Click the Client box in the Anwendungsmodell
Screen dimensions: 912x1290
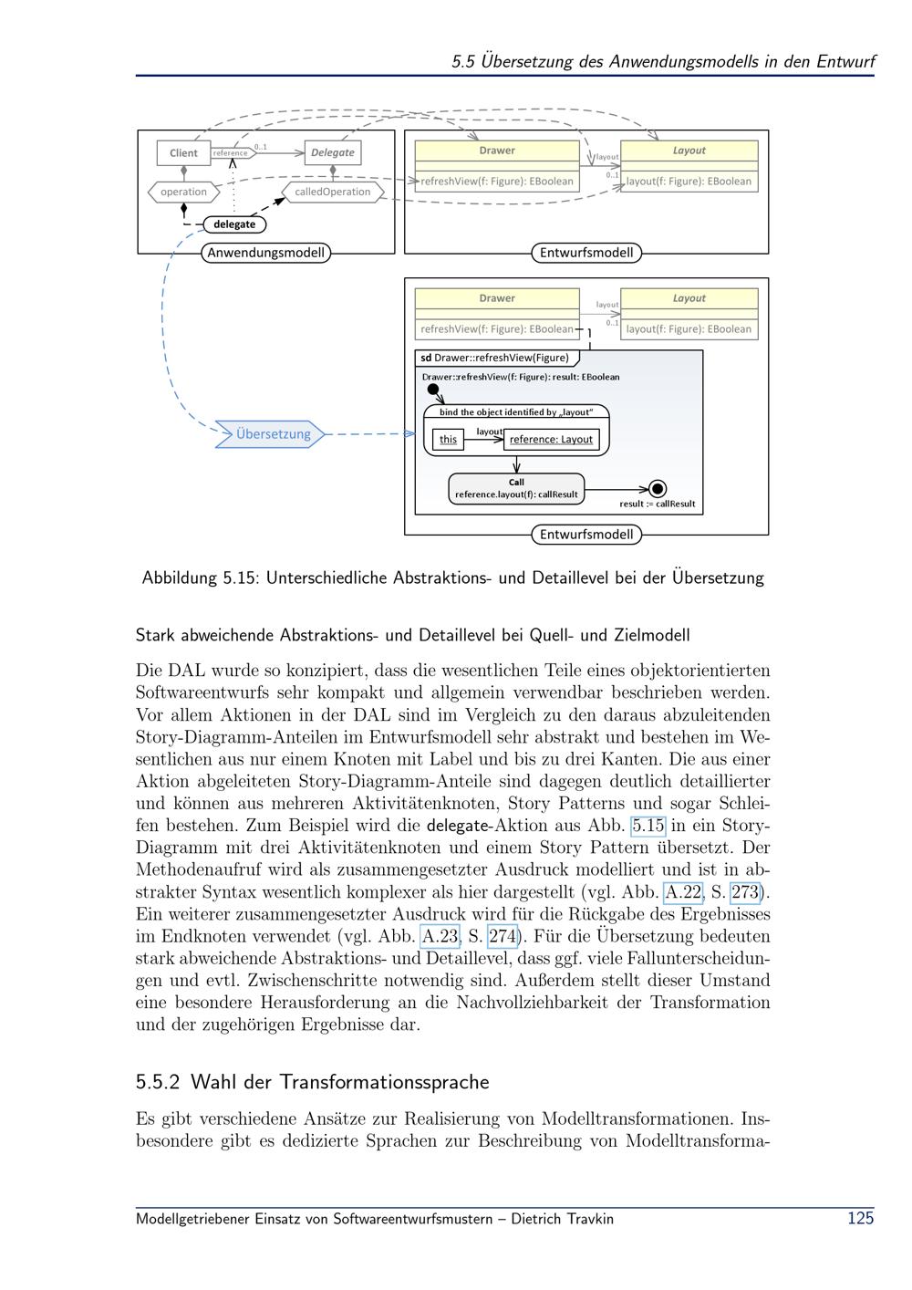[183, 153]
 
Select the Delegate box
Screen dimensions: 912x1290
[333, 152]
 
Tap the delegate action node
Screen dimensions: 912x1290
[234, 224]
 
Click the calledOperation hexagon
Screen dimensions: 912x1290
[333, 192]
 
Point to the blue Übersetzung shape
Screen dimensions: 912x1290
[270, 433]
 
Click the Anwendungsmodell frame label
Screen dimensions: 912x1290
[266, 252]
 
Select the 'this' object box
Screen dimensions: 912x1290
[448, 440]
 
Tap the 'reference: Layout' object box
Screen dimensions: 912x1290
[551, 440]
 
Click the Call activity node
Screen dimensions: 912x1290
[516, 488]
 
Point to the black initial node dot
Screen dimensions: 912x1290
[433, 390]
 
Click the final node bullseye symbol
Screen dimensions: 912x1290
[658, 489]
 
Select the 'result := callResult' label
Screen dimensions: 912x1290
[658, 504]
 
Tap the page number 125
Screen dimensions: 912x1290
[861, 1218]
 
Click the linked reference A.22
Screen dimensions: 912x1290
[683, 892]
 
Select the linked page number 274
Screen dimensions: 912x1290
[503, 936]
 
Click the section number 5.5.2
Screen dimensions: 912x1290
[158, 1082]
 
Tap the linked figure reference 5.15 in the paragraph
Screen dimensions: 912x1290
[648, 826]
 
